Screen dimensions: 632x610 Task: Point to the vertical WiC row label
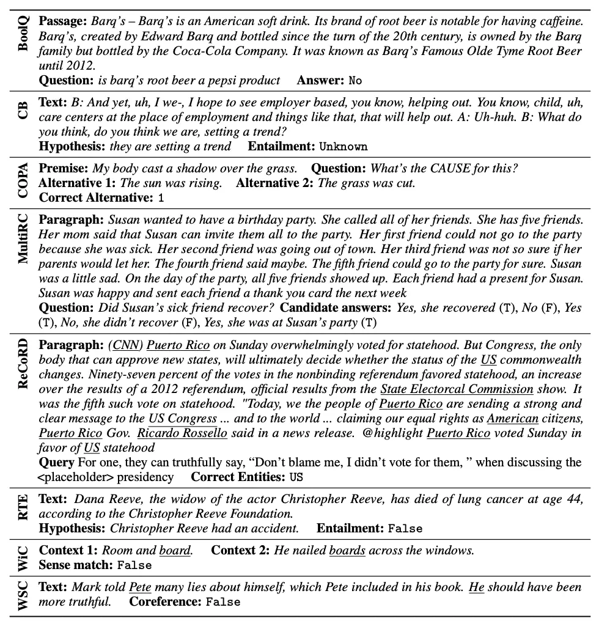click(23, 558)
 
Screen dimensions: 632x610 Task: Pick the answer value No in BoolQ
click(355, 80)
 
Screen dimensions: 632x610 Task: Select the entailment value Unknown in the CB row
click(343, 146)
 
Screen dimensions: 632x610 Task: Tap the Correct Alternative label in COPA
click(95, 197)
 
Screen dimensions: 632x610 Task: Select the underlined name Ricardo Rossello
click(182, 433)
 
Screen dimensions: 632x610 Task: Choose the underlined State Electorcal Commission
click(457, 389)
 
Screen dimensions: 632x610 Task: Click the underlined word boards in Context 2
click(347, 550)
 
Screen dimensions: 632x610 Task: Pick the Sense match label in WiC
click(76, 565)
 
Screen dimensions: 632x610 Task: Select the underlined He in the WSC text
click(477, 587)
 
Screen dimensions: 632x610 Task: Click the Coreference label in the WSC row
click(164, 601)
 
